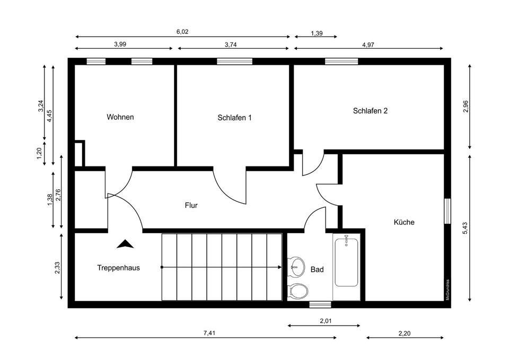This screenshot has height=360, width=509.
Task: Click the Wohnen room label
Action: [x=120, y=117]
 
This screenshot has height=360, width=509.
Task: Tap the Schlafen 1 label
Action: [x=234, y=118]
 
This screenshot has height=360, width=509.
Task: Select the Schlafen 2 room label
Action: [x=370, y=111]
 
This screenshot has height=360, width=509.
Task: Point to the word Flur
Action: [x=191, y=205]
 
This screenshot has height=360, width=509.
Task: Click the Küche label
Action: [x=403, y=222]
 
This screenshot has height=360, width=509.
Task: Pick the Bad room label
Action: [x=317, y=269]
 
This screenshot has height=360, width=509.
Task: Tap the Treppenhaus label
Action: [x=118, y=268]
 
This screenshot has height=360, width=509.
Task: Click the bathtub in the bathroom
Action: [x=347, y=262]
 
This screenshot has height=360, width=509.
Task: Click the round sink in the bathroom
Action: [x=296, y=265]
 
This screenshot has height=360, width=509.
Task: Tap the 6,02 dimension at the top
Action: [x=182, y=32]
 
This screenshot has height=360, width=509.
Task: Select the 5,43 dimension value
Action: [x=464, y=228]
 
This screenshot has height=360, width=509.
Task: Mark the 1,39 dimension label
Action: [x=316, y=33]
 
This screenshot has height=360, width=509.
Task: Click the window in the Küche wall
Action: [x=447, y=211]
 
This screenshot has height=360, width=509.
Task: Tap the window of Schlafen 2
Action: [x=341, y=61]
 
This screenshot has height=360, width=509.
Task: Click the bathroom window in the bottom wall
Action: [x=320, y=304]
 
